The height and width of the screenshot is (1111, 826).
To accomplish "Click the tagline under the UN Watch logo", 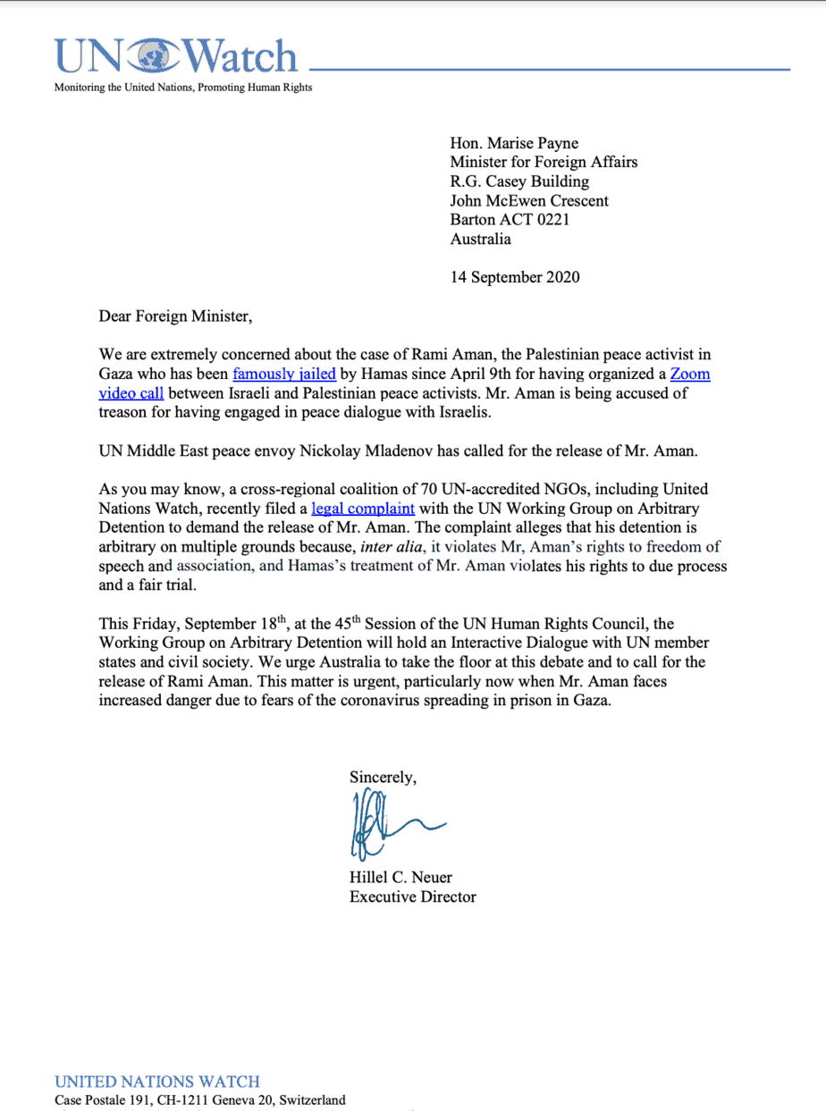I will tap(183, 88).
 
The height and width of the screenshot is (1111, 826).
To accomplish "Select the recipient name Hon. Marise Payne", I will tap(513, 143).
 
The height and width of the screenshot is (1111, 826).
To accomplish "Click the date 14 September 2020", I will tap(514, 276).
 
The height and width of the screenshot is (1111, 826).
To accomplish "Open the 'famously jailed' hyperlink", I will tap(284, 374).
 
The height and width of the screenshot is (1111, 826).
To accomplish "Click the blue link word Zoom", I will tap(690, 374).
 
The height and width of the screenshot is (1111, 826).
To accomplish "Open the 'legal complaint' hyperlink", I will tap(363, 509).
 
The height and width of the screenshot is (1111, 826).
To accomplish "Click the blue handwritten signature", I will tap(384, 827).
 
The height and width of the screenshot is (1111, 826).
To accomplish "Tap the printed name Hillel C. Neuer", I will tap(400, 877).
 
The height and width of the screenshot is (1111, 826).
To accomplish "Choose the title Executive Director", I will tap(412, 896).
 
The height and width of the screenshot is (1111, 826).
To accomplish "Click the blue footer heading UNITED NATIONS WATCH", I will tap(157, 1082).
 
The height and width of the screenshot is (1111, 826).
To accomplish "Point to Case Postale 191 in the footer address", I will tap(108, 1100).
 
